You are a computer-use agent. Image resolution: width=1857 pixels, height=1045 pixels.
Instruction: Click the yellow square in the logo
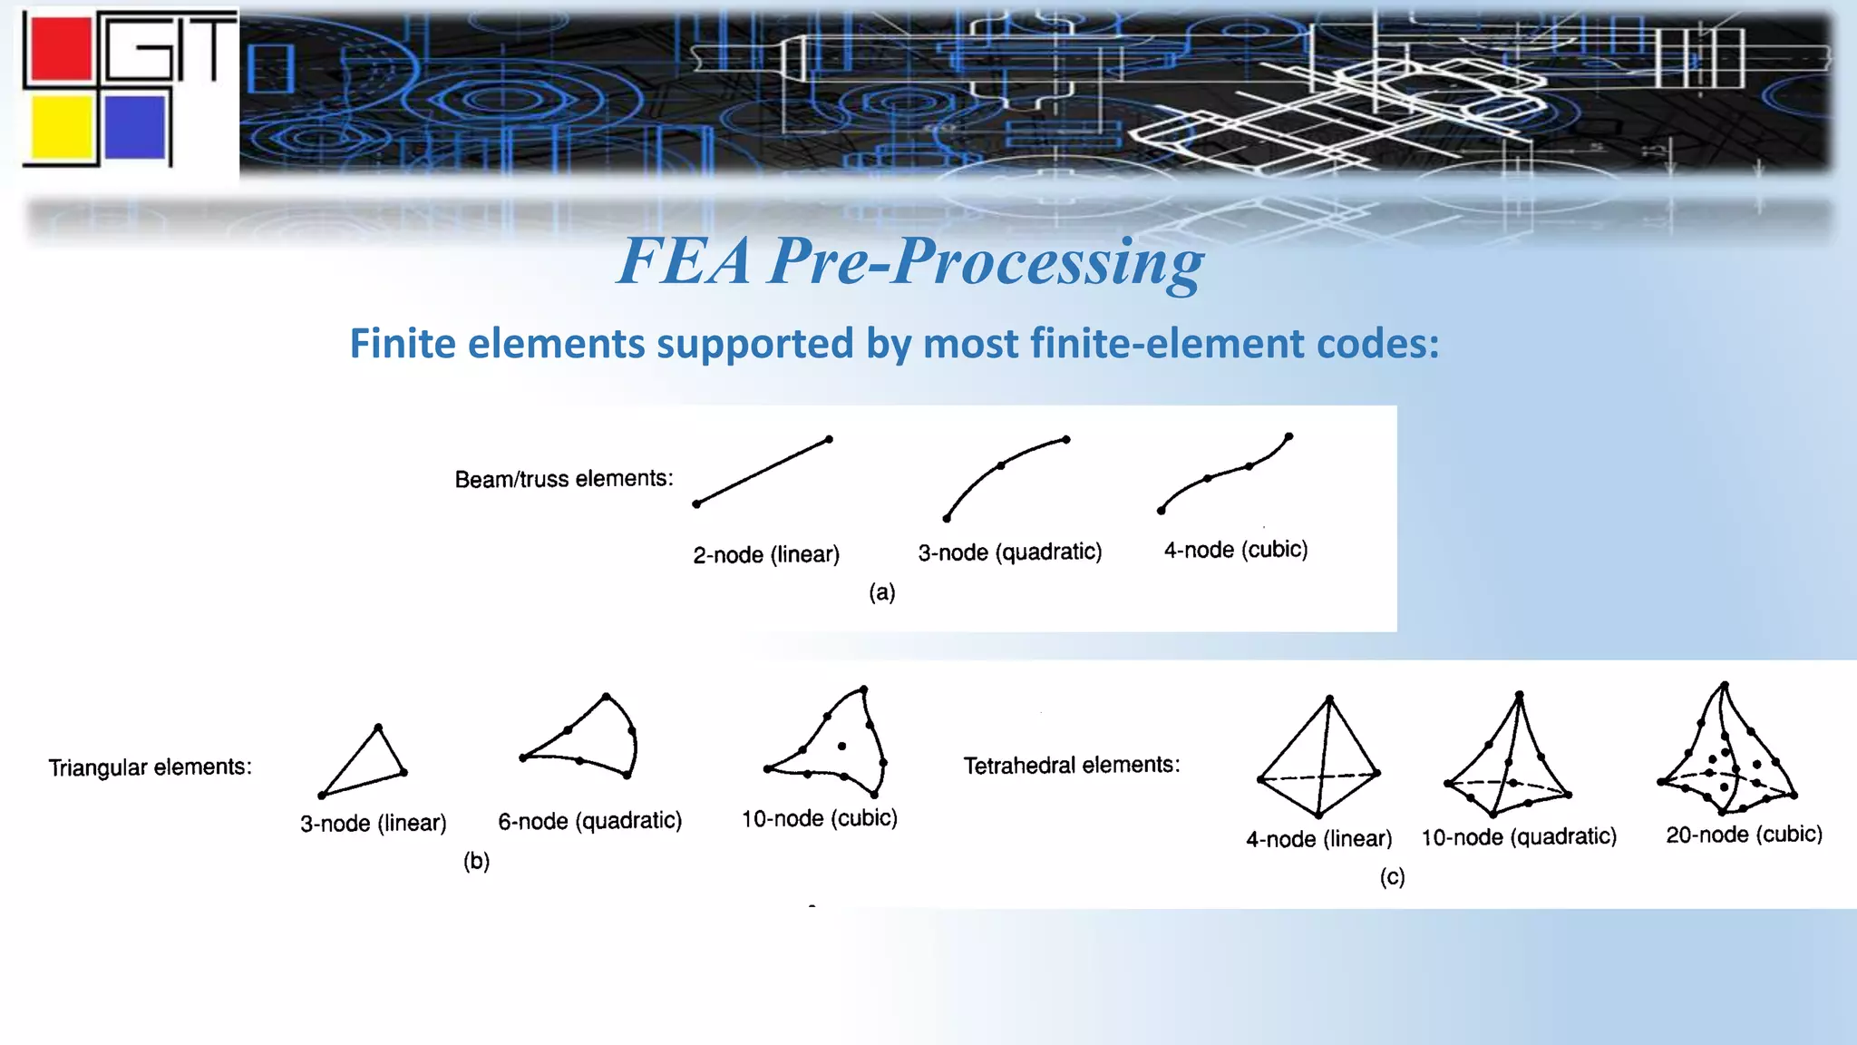61,127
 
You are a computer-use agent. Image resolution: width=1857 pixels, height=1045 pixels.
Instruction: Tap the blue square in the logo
135,127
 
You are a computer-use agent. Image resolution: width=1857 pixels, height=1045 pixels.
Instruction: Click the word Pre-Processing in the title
987,262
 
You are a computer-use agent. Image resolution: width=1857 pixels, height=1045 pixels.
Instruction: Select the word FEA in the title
685,262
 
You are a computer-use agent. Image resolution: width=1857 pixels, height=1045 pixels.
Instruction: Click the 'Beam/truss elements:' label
564,479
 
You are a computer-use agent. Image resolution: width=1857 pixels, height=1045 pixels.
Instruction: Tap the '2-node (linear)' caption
766,554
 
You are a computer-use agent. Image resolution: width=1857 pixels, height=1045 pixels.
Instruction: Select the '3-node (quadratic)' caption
1009,552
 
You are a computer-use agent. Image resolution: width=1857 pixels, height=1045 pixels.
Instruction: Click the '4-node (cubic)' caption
1236,550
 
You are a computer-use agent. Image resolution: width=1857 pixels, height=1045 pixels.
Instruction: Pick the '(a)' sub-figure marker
881,592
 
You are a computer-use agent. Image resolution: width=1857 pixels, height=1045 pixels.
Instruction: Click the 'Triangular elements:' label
151,767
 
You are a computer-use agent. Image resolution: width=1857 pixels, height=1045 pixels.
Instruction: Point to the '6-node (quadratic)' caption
589,821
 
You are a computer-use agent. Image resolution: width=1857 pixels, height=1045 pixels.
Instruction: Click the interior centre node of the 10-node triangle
842,747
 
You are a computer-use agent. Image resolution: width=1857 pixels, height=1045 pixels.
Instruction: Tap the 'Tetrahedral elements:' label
1072,766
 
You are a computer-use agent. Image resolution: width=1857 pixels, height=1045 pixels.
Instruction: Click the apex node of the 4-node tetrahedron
1329,698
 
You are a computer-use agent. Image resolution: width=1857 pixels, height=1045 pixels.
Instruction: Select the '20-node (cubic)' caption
1744,835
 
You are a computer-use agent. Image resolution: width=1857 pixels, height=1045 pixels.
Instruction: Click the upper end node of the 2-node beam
829,440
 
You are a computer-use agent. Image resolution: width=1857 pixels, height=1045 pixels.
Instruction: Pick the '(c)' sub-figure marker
1392,877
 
